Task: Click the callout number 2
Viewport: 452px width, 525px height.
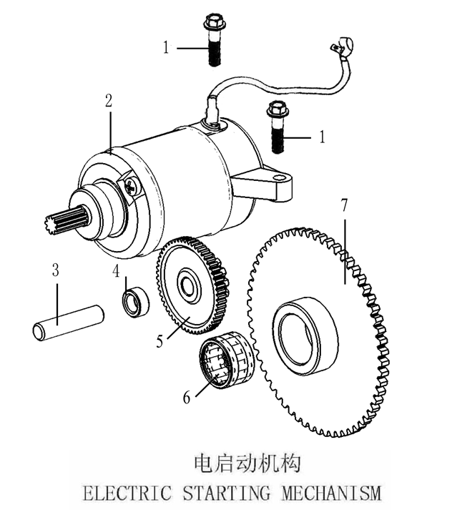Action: pyautogui.click(x=109, y=101)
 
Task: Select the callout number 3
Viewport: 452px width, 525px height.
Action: pyautogui.click(x=56, y=271)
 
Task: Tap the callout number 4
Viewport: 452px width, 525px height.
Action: pyautogui.click(x=116, y=271)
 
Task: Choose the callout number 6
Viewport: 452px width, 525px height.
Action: pyautogui.click(x=187, y=397)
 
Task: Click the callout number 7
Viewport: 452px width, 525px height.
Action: pyautogui.click(x=345, y=206)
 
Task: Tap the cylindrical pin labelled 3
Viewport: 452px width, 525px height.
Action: pyautogui.click(x=69, y=323)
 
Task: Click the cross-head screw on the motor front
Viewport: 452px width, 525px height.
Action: pyautogui.click(x=132, y=187)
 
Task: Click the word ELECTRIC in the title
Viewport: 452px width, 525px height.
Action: pyautogui.click(x=127, y=493)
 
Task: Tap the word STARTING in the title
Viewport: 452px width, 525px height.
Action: pyautogui.click(x=227, y=493)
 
